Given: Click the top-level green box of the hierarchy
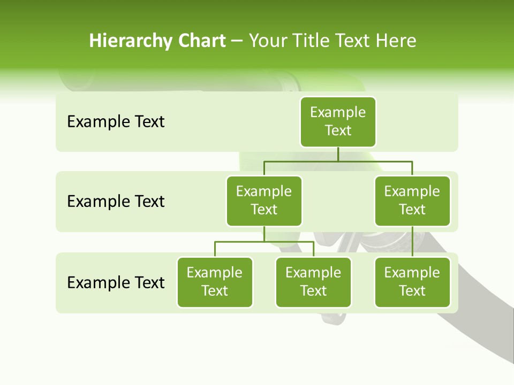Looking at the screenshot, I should (x=338, y=122).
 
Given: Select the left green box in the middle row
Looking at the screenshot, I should (x=264, y=201).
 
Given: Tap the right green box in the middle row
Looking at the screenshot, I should (x=412, y=201).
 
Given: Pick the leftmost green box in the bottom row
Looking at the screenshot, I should (x=215, y=282).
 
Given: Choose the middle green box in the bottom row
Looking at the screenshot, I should (x=313, y=282).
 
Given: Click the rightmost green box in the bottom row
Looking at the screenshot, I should (x=412, y=282).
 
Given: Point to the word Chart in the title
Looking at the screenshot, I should (x=201, y=41).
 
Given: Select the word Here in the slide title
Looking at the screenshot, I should (x=396, y=41).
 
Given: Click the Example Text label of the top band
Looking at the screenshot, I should (x=116, y=122).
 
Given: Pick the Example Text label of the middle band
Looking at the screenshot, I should (x=116, y=202).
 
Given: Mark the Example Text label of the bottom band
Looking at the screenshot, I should (x=116, y=282).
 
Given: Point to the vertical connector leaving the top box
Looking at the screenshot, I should (x=338, y=154).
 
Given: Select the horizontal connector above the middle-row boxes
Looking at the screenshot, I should (x=338, y=161).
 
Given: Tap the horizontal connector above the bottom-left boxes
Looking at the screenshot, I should (x=264, y=242).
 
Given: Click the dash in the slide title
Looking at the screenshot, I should (x=237, y=42).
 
